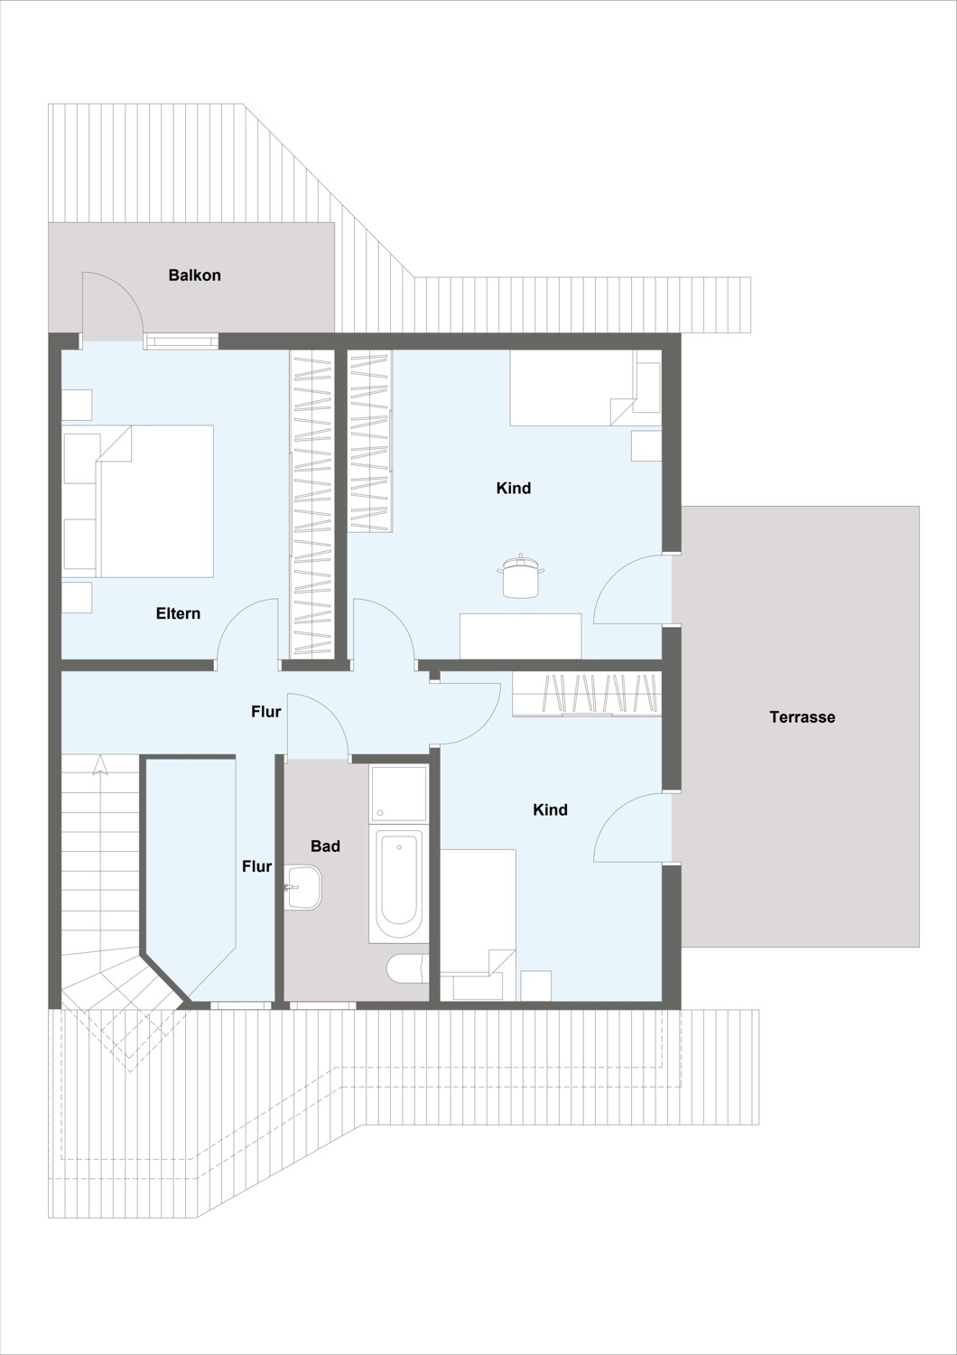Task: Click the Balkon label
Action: tap(195, 276)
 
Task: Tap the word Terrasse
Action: tap(803, 717)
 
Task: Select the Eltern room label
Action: tap(178, 613)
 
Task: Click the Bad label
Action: tap(325, 846)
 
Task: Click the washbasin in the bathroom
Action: tap(303, 887)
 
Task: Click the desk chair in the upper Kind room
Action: tap(521, 575)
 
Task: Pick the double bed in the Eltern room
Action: tap(138, 500)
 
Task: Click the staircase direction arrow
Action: tap(99, 764)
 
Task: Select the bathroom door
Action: tap(317, 724)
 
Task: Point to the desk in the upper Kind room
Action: tap(521, 636)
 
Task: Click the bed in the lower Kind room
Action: tap(478, 925)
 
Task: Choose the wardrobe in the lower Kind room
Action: tap(587, 693)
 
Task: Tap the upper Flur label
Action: tap(266, 712)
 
